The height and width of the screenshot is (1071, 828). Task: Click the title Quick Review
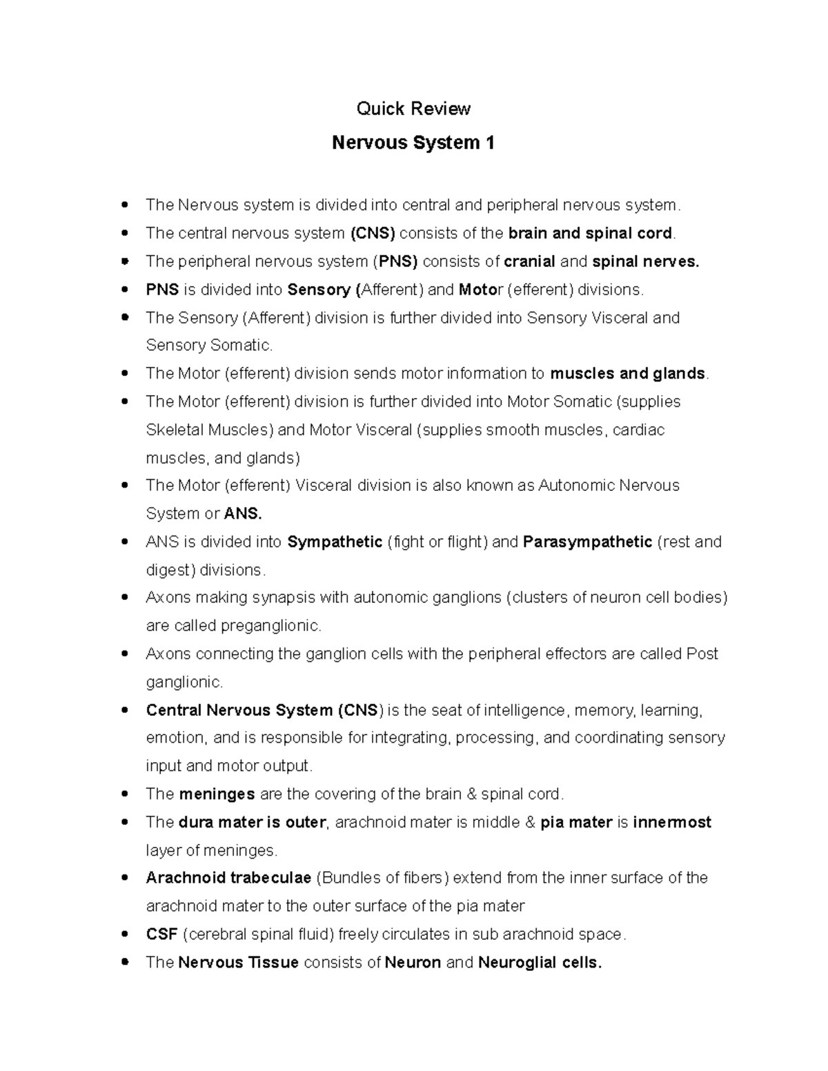pos(413,108)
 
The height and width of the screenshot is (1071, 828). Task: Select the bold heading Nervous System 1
pos(413,143)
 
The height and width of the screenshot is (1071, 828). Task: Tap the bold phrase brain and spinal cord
pos(590,233)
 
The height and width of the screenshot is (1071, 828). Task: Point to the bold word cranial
pos(529,261)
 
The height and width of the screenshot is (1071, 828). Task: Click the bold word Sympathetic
pos(335,542)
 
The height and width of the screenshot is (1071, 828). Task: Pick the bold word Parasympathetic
pos(587,542)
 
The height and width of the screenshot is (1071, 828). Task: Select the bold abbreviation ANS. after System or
pos(244,514)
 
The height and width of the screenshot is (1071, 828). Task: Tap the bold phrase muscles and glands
pos(627,374)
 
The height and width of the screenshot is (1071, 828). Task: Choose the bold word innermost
pos(671,822)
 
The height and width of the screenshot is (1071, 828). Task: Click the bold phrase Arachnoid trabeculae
pos(228,878)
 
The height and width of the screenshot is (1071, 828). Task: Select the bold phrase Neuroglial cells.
pos(540,963)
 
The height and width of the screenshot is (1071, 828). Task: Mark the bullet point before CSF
pos(125,934)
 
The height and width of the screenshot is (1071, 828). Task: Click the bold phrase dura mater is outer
pos(252,822)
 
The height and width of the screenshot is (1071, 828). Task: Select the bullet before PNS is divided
pos(125,290)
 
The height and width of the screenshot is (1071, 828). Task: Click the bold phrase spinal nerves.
pos(646,261)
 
